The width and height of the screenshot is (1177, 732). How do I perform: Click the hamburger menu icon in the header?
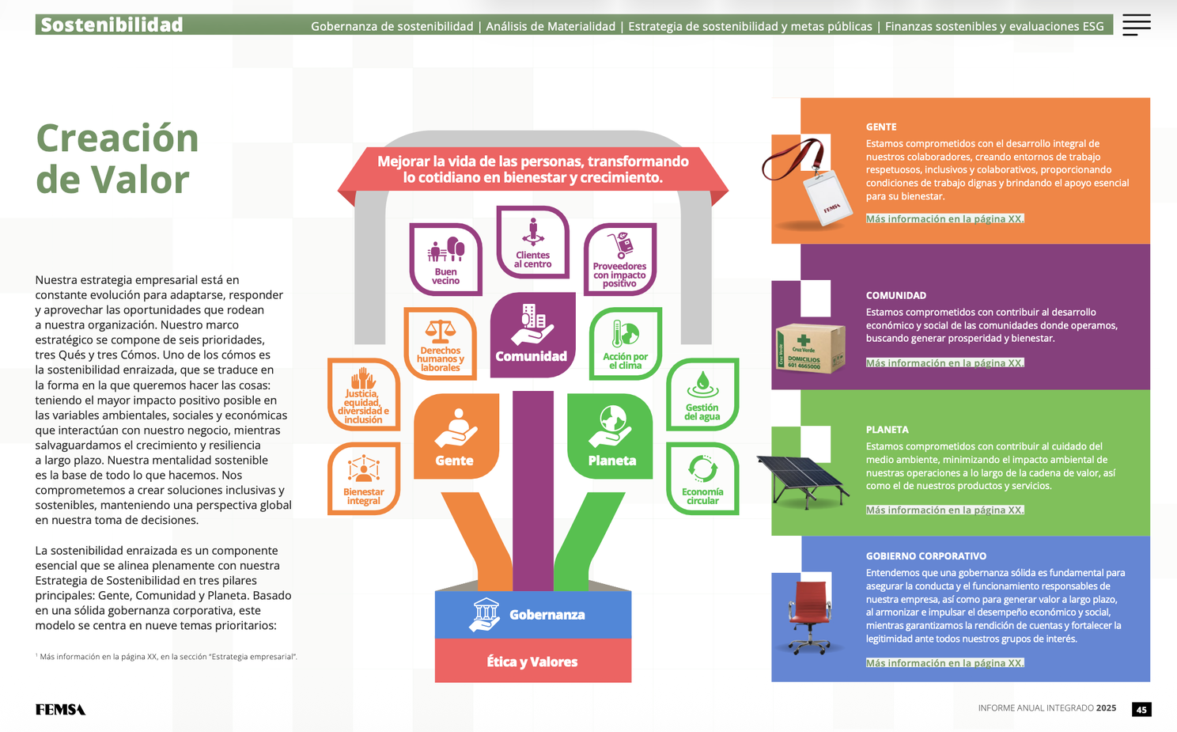[1136, 25]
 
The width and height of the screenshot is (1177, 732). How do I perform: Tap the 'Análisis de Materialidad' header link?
[551, 26]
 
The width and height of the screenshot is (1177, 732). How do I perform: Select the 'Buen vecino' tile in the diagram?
[445, 260]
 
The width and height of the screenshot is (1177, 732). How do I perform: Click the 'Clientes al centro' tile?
[533, 242]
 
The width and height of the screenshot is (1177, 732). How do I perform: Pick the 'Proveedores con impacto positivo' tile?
[620, 260]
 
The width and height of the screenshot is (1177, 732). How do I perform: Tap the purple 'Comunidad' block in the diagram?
[533, 335]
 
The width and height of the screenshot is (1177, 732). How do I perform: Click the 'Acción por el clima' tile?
[625, 343]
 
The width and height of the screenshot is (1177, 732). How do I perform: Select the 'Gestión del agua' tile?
[702, 394]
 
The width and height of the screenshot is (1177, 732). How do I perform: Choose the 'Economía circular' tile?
[702, 479]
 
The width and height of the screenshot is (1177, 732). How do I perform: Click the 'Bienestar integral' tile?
[364, 479]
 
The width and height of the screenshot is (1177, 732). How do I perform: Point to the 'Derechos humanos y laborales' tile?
[441, 343]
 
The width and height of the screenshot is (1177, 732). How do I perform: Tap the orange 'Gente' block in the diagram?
[456, 437]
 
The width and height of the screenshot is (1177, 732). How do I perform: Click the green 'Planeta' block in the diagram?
[610, 437]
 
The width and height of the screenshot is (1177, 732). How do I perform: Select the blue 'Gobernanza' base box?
[533, 615]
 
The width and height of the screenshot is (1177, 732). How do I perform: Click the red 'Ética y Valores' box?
[533, 661]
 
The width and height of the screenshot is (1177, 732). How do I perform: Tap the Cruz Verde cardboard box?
[810, 348]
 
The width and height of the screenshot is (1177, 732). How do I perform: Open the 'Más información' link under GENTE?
[944, 218]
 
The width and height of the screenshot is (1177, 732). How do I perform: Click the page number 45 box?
[1141, 709]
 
